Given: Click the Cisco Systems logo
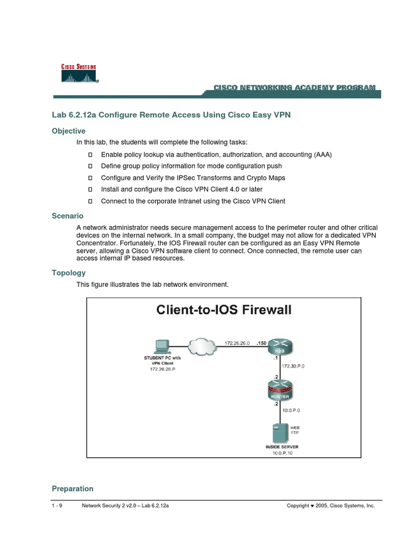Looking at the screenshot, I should tap(79, 73).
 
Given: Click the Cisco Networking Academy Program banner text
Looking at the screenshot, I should tap(294, 88).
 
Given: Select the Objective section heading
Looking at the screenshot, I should tap(69, 131).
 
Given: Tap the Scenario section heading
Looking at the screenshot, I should tap(67, 216).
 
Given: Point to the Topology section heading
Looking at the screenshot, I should tap(69, 273).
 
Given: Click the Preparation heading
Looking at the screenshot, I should tap(72, 488).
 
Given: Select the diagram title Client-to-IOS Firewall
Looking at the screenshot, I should tap(224, 310).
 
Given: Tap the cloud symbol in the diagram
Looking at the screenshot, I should tap(201, 346).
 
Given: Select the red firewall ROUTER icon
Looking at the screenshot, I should tap(281, 391).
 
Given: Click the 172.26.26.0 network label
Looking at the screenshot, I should tap(238, 343).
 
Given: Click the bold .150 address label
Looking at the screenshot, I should tap(262, 343).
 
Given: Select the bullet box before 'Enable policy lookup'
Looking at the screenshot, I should tap(91, 155).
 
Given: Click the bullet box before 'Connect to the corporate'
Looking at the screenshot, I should tap(91, 201).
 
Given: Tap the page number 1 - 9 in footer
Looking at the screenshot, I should tap(57, 505).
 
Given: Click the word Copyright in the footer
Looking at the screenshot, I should tap(299, 505).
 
